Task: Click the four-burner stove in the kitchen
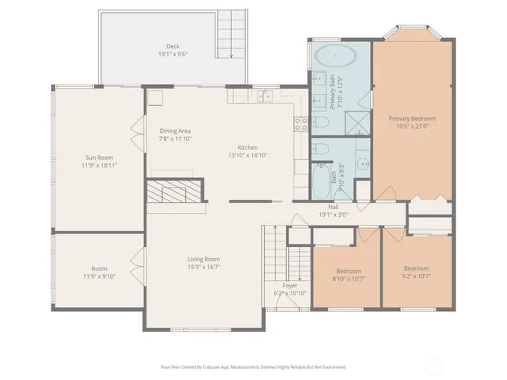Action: coord(302,123)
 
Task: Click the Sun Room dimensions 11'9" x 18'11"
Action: coord(98,165)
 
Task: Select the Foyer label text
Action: coord(290,285)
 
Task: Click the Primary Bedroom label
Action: coord(412,119)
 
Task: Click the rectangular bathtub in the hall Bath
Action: coord(322,182)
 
